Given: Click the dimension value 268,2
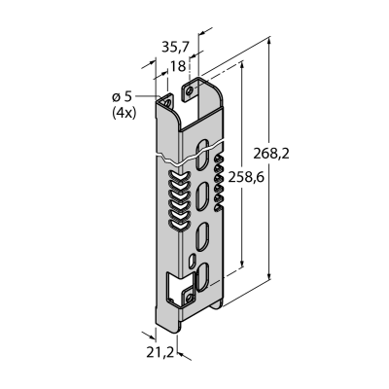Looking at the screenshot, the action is [x=271, y=153].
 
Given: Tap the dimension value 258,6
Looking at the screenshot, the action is [x=246, y=177].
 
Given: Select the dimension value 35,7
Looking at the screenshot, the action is [x=175, y=48].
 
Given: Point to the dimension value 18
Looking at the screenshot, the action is [x=178, y=66].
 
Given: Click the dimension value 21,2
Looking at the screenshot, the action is [x=160, y=353].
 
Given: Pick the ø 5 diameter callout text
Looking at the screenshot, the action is [x=123, y=96].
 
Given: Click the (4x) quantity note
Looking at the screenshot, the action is [x=124, y=113].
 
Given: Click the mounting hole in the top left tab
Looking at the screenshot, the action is [x=167, y=103].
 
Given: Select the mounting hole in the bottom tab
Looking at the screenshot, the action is [x=190, y=298].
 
